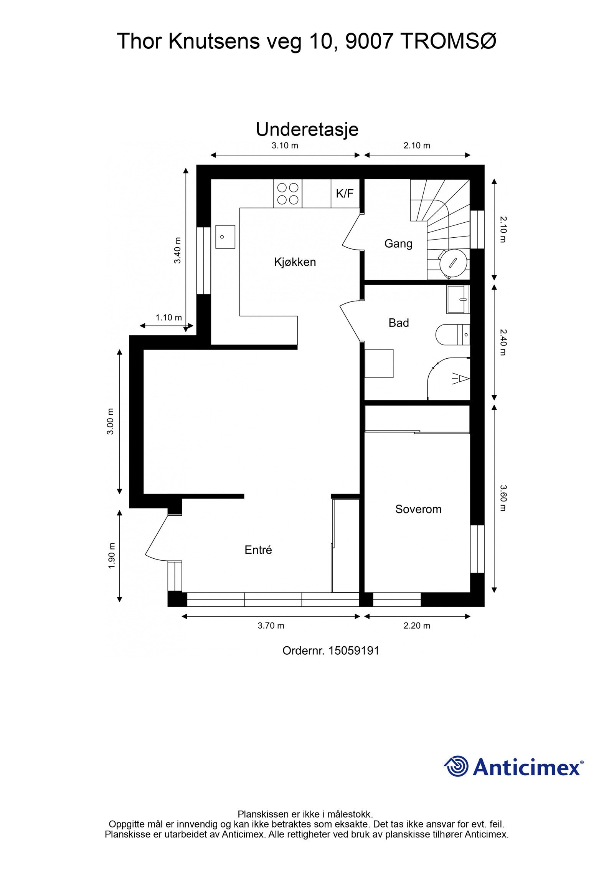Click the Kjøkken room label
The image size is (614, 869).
pos(295,262)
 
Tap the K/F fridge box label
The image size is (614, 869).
pos(344,194)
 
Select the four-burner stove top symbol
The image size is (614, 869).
pos(288,194)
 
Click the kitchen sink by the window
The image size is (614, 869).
pos(225,237)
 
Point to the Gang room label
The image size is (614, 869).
pos(398,243)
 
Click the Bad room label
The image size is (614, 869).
pos(398,323)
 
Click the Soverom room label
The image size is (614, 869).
pos(418,510)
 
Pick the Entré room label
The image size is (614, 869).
pos(258,550)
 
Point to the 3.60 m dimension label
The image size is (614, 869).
pos(503,498)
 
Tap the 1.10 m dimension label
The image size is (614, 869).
pos(168,318)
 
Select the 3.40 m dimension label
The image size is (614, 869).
pos(177,250)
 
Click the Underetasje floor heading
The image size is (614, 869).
pos(307,130)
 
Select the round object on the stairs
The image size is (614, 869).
pos(453,263)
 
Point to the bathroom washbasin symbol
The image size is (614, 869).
pos(458,299)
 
